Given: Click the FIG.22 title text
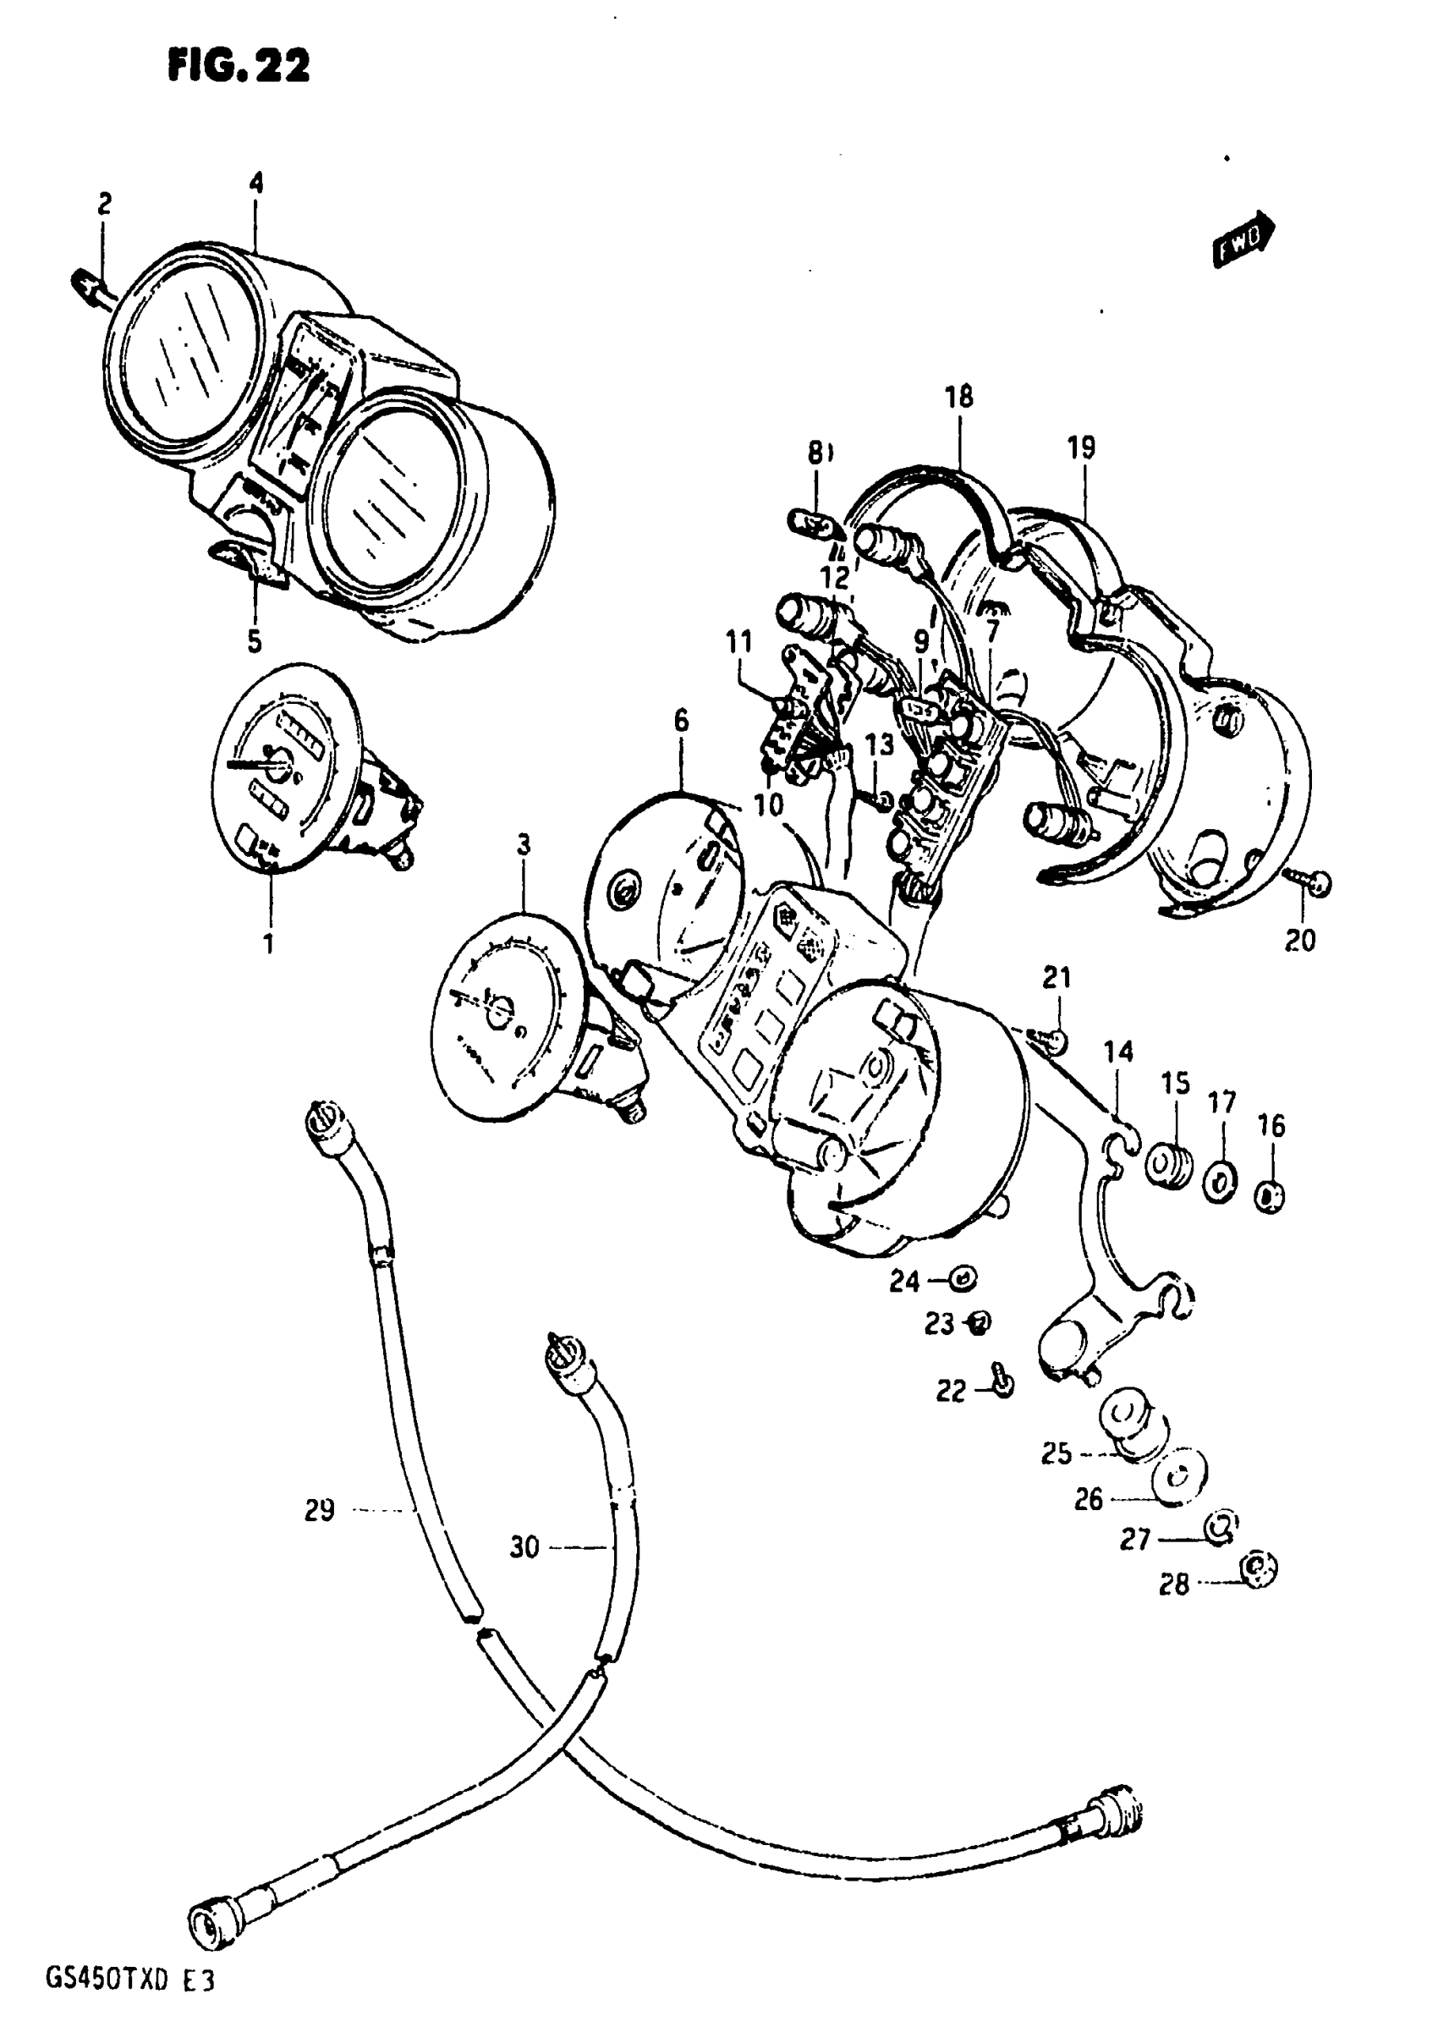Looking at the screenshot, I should pos(239,66).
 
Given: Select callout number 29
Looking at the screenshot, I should pos(320,1510).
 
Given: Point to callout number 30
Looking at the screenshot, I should pos(525,1547).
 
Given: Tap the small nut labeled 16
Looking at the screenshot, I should pos(1270,1198).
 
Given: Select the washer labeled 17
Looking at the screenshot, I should pos(1221,1183).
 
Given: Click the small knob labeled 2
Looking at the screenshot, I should pos(87,286).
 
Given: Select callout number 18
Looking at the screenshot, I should pos(959,397).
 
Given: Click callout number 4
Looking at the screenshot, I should pos(256,184).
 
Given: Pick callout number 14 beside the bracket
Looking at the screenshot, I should pos(1118,1052).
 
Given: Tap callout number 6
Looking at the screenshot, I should pos(681,722).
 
